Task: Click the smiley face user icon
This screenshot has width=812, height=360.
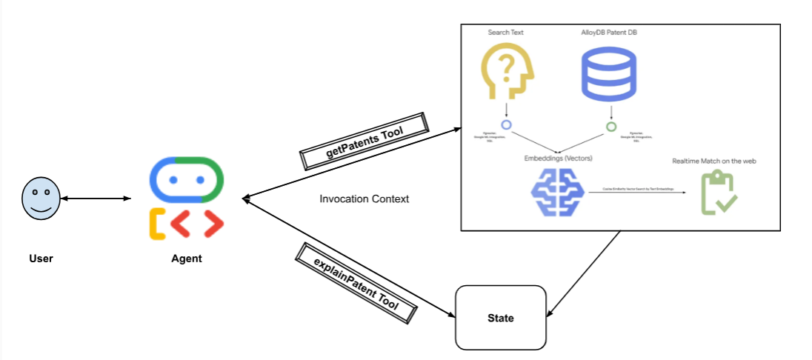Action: coord(41,199)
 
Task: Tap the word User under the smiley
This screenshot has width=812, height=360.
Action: coord(41,259)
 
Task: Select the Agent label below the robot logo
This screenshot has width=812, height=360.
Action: coord(186,259)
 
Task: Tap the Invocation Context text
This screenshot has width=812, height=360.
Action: coord(364,199)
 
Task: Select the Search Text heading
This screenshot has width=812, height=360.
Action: coord(506,33)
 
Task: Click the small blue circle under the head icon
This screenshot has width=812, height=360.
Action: coord(507,125)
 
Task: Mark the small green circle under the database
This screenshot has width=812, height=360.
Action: coord(610,127)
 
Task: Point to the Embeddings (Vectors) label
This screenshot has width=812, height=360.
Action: coord(558,158)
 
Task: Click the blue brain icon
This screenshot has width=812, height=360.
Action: coord(557,192)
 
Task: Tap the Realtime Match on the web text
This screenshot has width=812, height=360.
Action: coord(713,161)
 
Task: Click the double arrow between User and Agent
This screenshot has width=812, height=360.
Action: coord(96,199)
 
